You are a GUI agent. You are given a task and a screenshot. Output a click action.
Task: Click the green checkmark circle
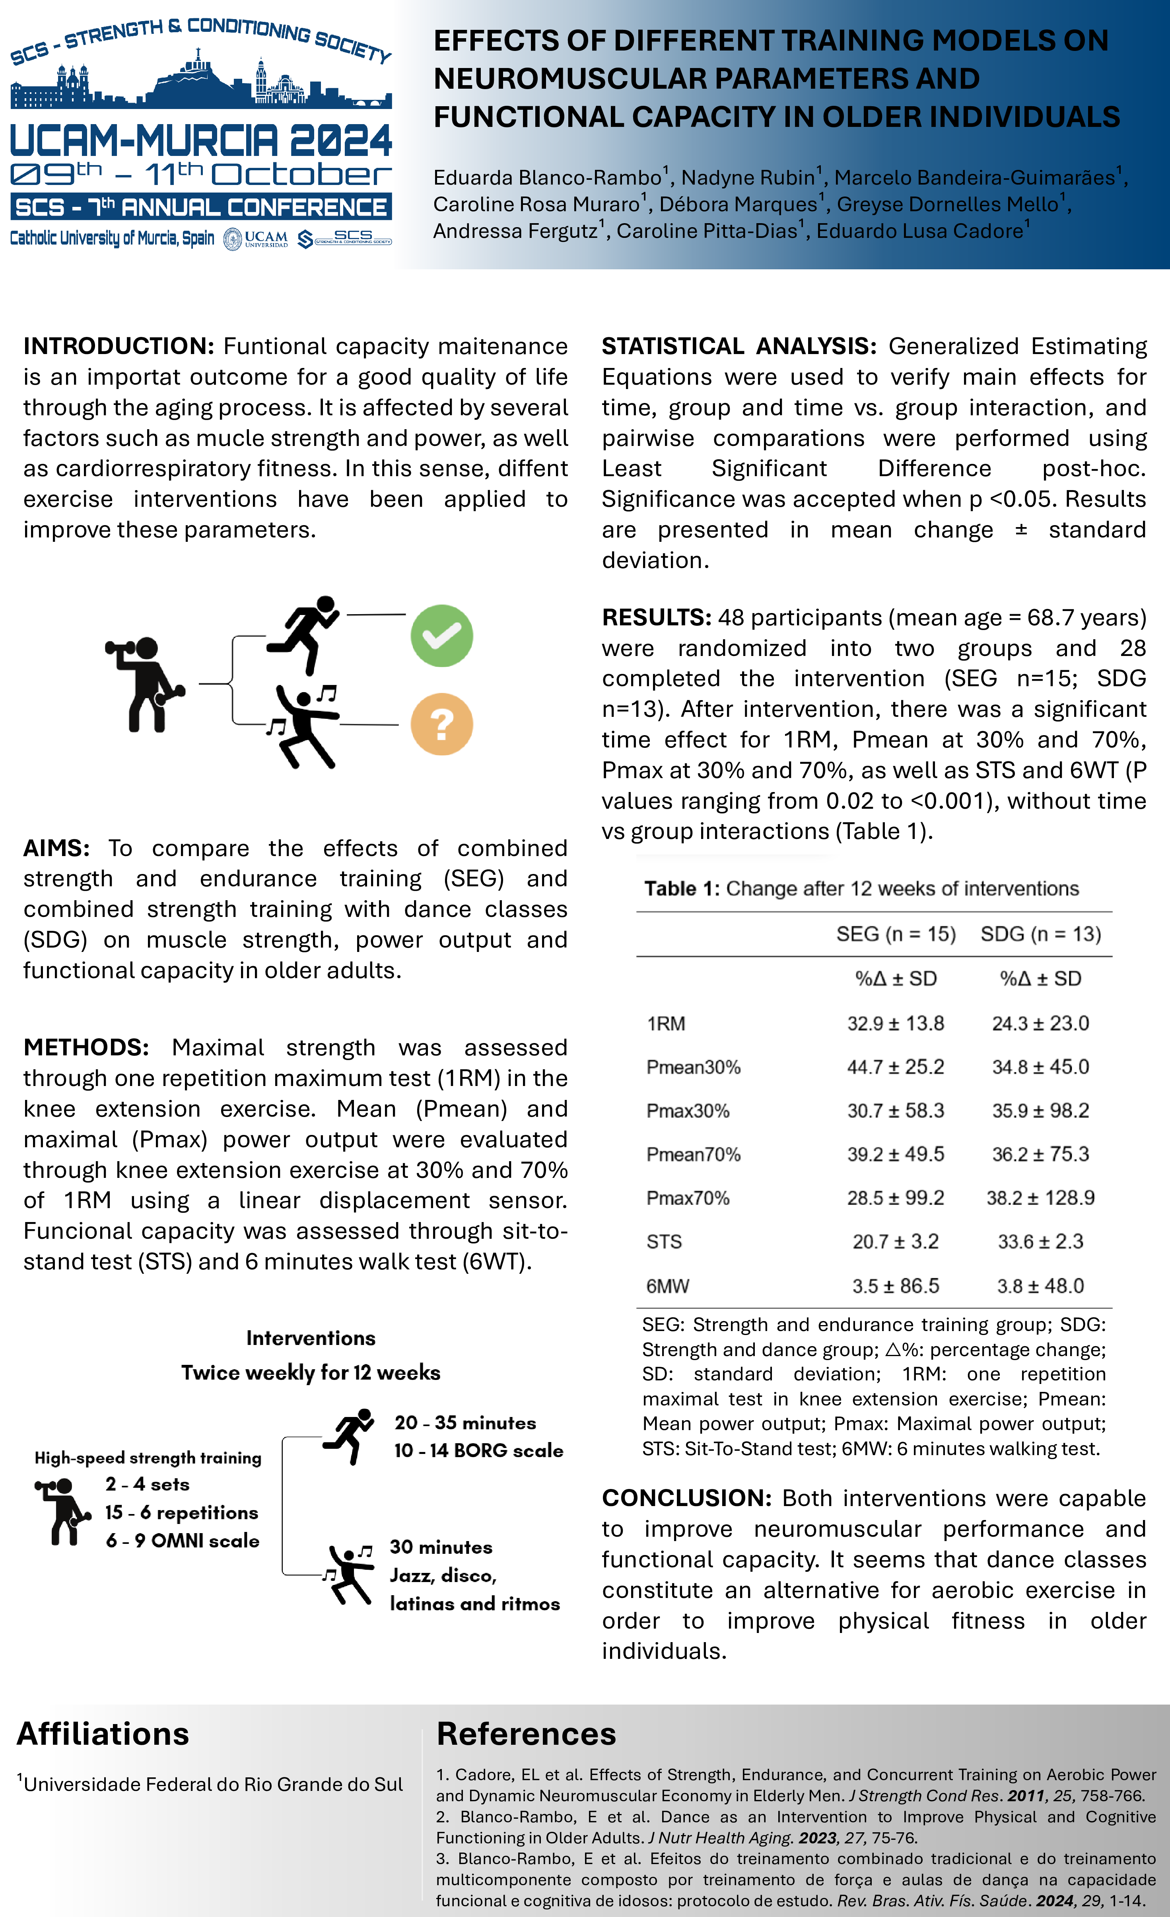pos(441,636)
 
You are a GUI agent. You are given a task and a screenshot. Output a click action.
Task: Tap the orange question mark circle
pos(441,724)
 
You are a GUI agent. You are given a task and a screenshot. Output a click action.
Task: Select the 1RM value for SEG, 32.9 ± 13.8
pos(895,1023)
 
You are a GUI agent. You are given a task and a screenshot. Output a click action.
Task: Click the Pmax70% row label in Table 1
pos(688,1198)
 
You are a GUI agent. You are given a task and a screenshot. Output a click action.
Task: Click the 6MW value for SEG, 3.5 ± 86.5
pos(895,1286)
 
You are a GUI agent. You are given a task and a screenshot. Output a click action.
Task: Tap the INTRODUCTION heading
pos(118,346)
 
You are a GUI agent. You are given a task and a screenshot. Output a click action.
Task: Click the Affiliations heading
pos(103,1734)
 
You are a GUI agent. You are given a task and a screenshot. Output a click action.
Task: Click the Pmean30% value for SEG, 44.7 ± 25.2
pos(895,1067)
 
